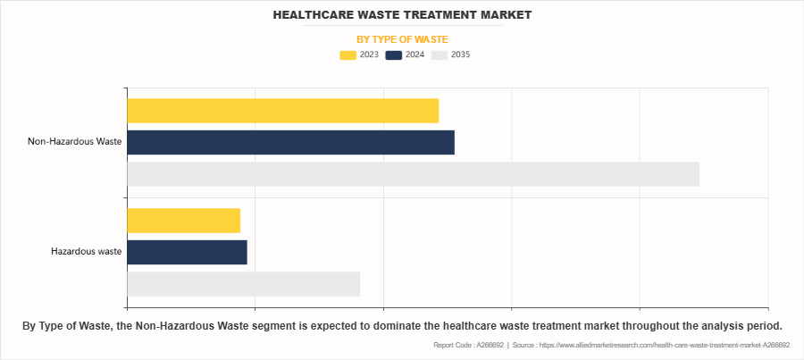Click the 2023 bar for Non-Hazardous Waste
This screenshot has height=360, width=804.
point(282,110)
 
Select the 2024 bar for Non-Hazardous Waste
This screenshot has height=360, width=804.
point(290,142)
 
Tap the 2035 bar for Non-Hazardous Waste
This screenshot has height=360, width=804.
point(413,174)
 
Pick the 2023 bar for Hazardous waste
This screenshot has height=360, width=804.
point(183,220)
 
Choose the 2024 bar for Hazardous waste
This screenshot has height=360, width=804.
point(187,252)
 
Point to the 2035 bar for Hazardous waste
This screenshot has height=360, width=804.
point(243,284)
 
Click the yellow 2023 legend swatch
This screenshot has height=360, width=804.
point(348,55)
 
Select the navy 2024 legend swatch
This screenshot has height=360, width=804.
point(393,55)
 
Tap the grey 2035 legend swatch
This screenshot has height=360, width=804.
point(439,55)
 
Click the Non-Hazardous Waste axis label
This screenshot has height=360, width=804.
point(74,141)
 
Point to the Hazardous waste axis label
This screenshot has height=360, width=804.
point(86,252)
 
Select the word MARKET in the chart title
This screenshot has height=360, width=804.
point(505,15)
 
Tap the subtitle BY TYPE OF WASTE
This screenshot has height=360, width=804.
point(402,39)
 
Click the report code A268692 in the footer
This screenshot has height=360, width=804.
point(489,345)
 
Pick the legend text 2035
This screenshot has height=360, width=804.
point(460,55)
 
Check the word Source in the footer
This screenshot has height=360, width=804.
point(527,345)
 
